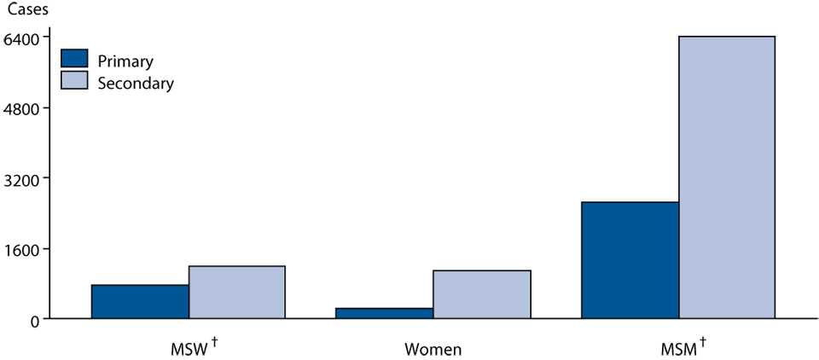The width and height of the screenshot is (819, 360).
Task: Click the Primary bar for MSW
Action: [140, 302]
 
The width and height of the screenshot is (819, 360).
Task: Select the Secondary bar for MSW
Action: [237, 293]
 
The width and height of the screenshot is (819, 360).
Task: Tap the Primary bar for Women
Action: [385, 313]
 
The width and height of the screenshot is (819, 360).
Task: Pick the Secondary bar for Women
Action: [482, 294]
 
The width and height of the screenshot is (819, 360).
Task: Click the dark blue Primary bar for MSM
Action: [630, 260]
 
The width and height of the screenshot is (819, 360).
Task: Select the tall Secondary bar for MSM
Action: [727, 177]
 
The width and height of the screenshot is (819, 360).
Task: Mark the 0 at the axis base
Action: [36, 320]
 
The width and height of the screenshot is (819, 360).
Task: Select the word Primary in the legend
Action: [125, 61]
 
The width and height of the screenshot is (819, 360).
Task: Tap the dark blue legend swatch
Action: [75, 59]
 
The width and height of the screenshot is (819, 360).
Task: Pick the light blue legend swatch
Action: [75, 80]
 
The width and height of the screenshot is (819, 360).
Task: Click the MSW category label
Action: [189, 349]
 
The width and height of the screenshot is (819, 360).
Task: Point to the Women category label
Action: [433, 349]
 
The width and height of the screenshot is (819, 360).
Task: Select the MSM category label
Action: [679, 349]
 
